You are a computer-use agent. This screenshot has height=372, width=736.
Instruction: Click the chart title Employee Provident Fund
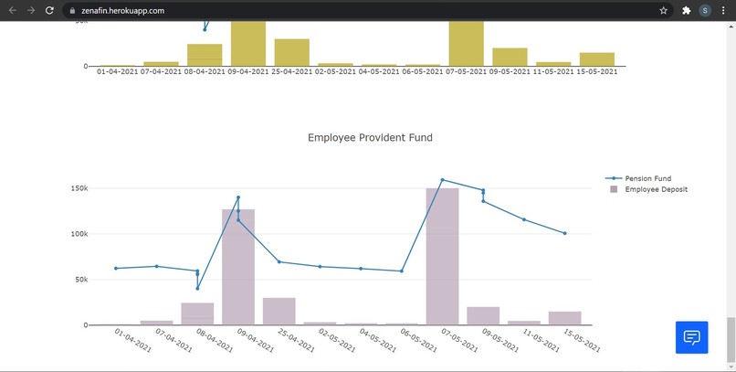coord(370,138)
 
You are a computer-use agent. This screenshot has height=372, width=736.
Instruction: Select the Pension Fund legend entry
coord(647,178)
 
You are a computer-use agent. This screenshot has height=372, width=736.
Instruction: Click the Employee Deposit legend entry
coord(656,189)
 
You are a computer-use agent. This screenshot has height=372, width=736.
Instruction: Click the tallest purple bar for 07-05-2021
coord(442,256)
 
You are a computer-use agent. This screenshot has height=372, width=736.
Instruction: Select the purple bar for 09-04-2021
coord(238,266)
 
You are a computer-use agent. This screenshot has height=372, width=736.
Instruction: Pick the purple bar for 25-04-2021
coord(279,311)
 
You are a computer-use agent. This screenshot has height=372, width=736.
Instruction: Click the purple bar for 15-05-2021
coord(564,318)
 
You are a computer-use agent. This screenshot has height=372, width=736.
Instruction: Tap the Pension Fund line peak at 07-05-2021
coord(442,180)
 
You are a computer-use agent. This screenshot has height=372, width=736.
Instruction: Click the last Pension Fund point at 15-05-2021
coord(564,233)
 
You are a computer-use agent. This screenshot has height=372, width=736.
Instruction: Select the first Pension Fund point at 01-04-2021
coord(116,268)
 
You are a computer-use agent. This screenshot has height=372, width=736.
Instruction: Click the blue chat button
coord(691,337)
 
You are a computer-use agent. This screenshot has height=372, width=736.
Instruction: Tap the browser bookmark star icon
coord(663,10)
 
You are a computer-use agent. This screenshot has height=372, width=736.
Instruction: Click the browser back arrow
coord(12,10)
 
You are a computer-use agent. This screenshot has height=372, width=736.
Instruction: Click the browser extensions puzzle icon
coord(686,10)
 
